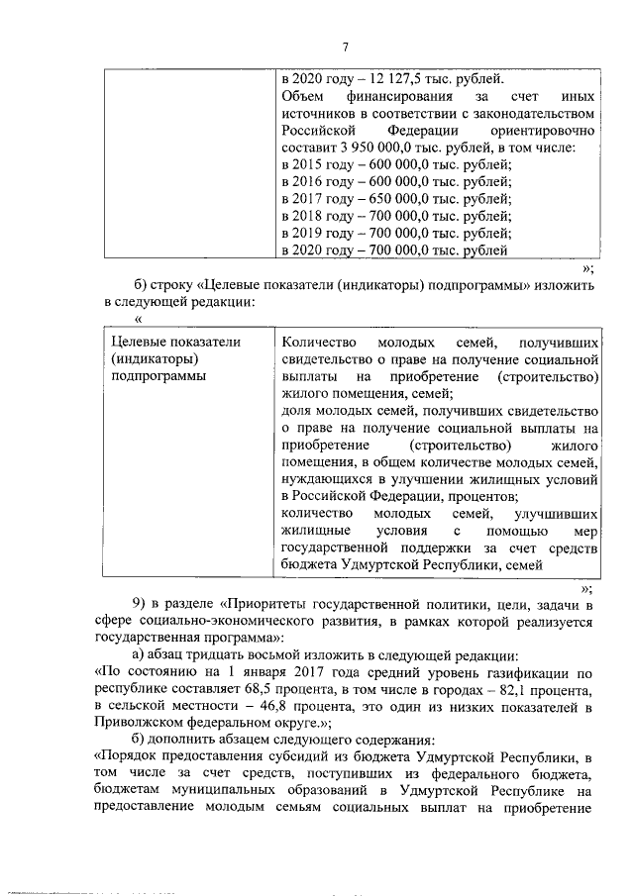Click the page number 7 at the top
[x=346, y=47]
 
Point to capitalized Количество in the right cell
[x=315, y=342]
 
